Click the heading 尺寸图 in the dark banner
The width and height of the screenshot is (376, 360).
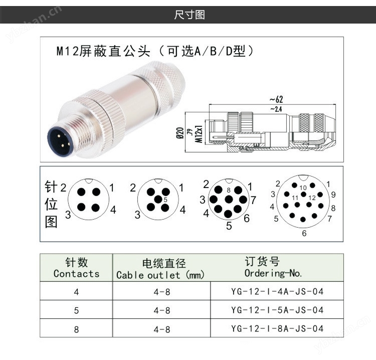click(x=190, y=15)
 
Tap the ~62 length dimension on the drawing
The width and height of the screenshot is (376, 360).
click(x=276, y=99)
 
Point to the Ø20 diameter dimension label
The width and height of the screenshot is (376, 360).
click(x=180, y=133)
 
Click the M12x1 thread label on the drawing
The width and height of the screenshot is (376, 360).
click(x=199, y=134)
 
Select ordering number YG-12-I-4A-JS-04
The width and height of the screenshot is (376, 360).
click(x=277, y=291)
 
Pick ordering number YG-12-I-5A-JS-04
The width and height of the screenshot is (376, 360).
click(x=277, y=310)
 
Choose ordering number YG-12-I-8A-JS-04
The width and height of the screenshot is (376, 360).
click(x=277, y=328)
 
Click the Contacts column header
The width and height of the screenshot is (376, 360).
click(x=76, y=268)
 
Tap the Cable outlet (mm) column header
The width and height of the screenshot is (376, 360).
click(x=160, y=269)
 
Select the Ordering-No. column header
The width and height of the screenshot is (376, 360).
click(x=273, y=267)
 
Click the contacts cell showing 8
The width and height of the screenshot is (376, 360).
click(x=76, y=329)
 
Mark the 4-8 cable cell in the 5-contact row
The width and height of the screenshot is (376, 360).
click(x=162, y=310)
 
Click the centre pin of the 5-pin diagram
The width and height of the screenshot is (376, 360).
click(x=158, y=200)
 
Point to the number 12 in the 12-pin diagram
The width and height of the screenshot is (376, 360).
click(x=312, y=198)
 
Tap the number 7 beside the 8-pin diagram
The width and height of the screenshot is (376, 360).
click(x=254, y=200)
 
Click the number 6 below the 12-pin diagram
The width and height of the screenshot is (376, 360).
click(x=304, y=233)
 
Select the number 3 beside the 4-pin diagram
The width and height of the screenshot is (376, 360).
click(x=68, y=215)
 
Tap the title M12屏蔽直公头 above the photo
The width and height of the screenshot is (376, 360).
click(x=103, y=51)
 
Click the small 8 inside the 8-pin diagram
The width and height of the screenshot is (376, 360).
click(x=229, y=190)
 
